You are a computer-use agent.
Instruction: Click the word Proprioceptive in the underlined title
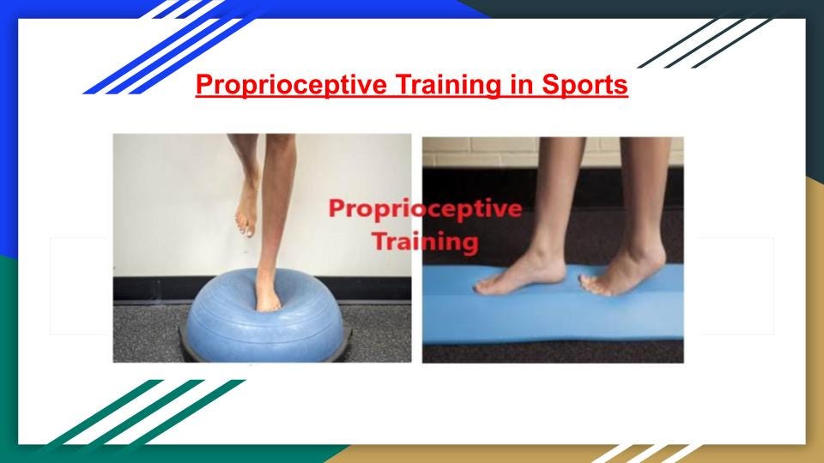coord(291,85)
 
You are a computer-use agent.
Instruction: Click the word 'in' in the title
coord(521,84)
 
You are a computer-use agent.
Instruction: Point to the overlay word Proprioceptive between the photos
coord(425,209)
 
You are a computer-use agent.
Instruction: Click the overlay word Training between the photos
coord(425,242)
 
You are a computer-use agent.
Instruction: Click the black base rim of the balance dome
coord(185,344)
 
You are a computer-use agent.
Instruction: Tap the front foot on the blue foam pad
coord(520,275)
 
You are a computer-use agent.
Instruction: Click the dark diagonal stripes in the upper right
coord(704,43)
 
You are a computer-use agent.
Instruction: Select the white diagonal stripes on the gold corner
coord(646,454)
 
